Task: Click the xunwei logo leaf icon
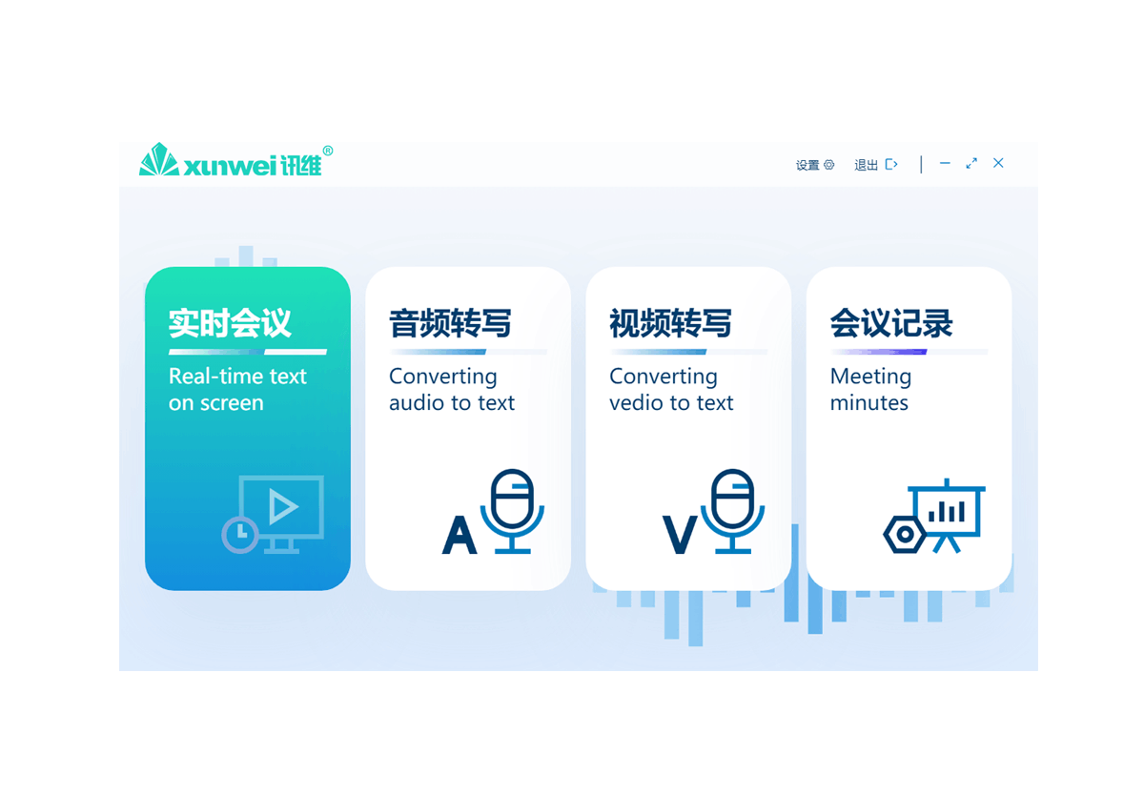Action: pos(158,160)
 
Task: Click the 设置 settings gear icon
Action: pos(829,165)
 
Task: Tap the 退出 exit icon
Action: pos(891,165)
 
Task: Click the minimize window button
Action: pos(945,164)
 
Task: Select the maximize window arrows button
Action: pos(971,164)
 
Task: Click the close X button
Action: pos(998,164)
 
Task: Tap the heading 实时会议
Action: pos(230,324)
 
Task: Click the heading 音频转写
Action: pos(450,324)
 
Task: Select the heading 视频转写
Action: pos(670,324)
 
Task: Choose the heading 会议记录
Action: pos(891,324)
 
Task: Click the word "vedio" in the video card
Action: pos(637,403)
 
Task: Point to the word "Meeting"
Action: pos(870,377)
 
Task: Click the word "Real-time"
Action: pos(203,377)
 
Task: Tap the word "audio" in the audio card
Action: pos(417,403)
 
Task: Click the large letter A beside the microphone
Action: pos(460,536)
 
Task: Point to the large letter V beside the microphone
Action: pos(680,536)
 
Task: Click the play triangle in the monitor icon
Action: pos(282,506)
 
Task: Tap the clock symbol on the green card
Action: pos(240,534)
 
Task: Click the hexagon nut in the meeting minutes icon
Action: pos(904,535)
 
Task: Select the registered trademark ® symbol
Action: pos(328,151)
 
